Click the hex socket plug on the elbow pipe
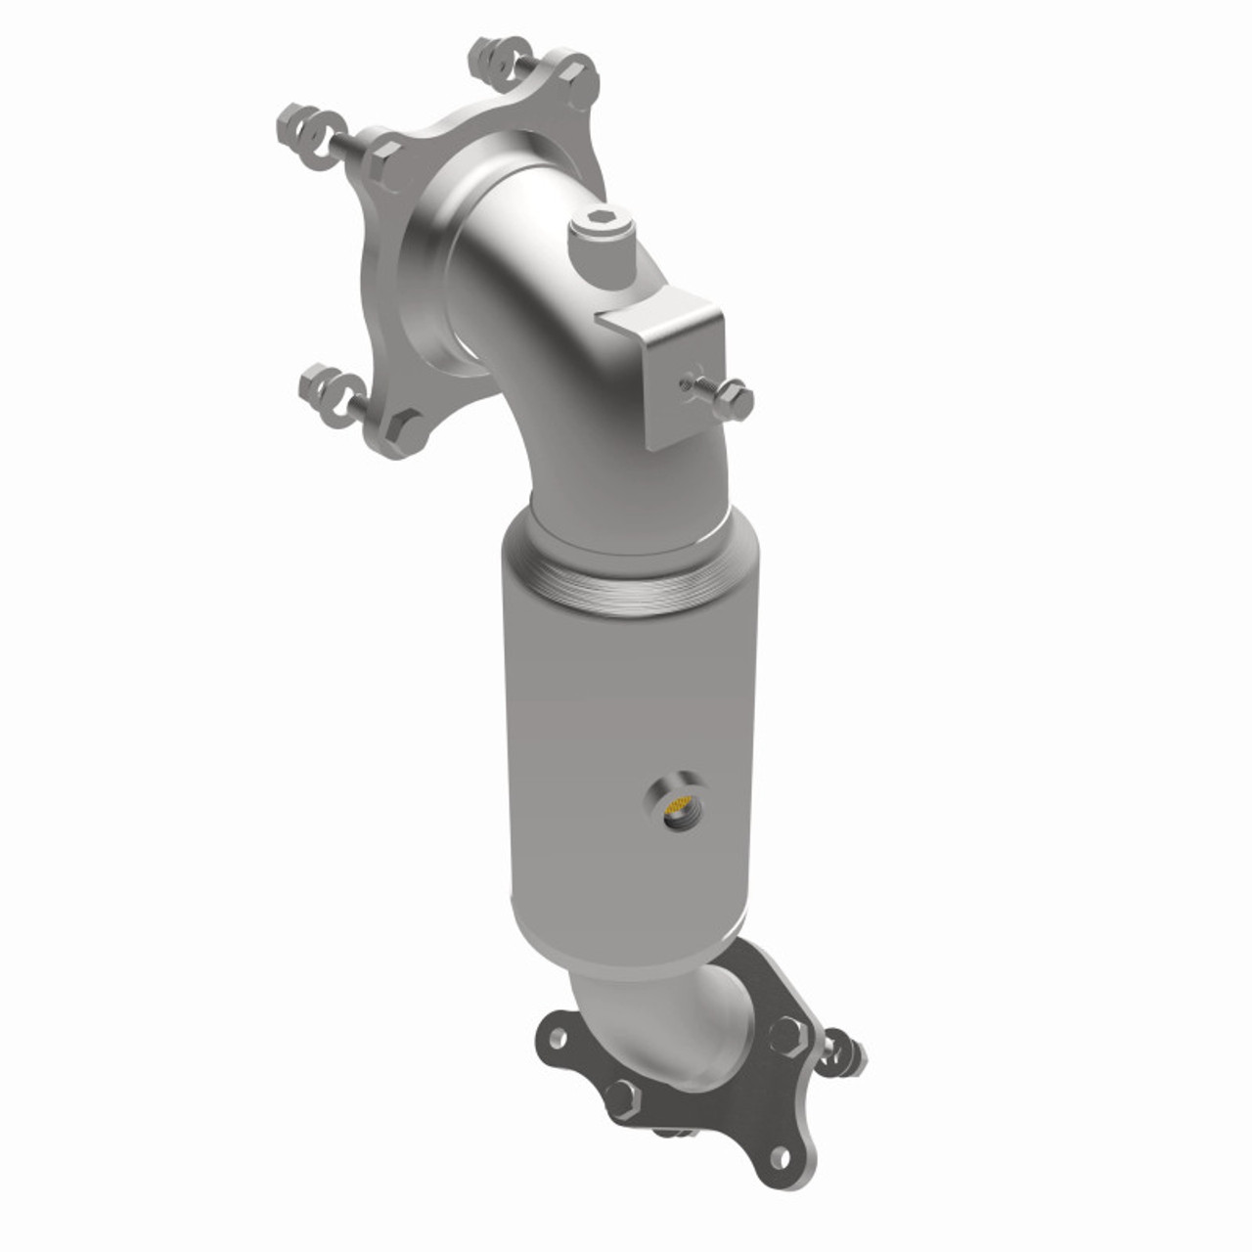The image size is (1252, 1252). click(596, 232)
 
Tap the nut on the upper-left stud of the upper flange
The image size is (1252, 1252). click(297, 124)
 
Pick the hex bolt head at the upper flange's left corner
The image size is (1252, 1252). click(383, 156)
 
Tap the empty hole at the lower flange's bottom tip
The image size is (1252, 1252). click(780, 1157)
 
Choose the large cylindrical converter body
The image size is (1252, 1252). click(626, 743)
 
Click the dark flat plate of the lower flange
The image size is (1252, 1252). click(724, 1105)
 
